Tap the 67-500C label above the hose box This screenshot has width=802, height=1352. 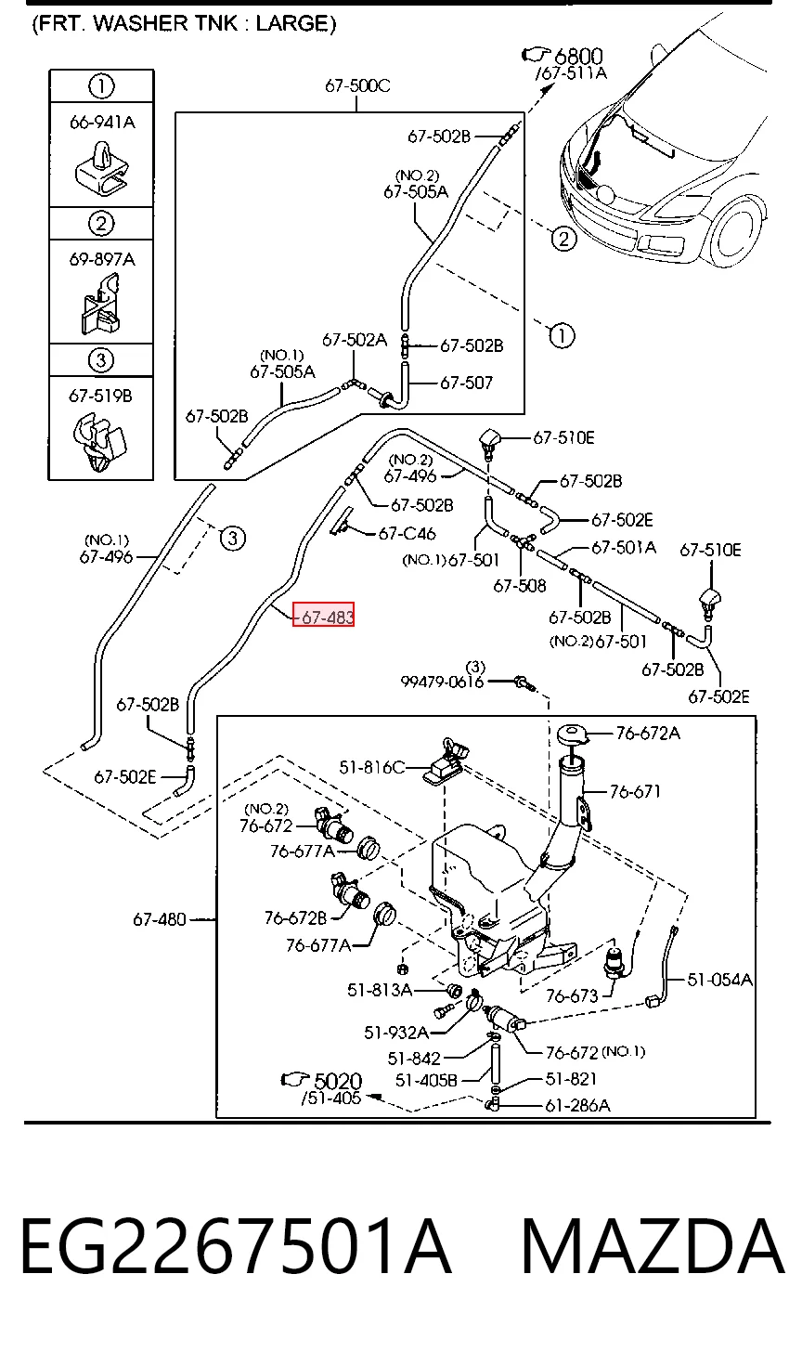pos(358,85)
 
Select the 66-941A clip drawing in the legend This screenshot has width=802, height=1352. pos(101,169)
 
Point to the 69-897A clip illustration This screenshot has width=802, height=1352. pos(101,305)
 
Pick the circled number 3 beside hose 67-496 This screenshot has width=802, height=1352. pos(233,537)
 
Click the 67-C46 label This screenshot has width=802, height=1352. pos(407,534)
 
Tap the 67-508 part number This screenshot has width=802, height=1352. pos(520,585)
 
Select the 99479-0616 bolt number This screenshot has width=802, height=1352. pos(442,682)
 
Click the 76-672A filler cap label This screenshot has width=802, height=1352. pos(648,733)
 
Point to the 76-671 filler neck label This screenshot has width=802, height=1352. pos(635,791)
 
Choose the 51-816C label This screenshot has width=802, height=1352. pos(371,767)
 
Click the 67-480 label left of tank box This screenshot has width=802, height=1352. pos(160,919)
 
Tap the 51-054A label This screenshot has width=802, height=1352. pos(720,979)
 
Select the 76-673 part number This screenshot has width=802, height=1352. pos(572,995)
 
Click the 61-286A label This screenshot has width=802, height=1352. pos(577,1105)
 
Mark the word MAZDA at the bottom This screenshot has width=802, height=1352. pos(653,1246)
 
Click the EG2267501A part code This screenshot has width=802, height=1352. pos(236,1246)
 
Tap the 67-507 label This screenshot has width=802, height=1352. pos(467,383)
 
